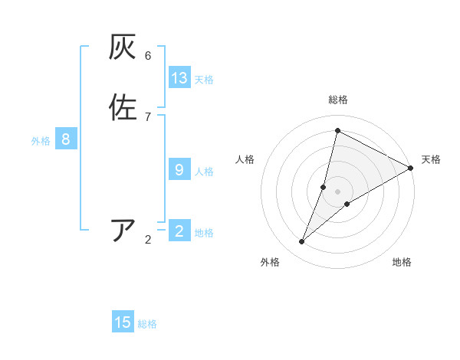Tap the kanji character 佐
coord(123,107)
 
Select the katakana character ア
coord(123,230)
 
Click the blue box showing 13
coord(179,78)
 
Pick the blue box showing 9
coord(179,170)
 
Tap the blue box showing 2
coord(179,231)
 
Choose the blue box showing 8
coord(66,139)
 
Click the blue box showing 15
coord(123,322)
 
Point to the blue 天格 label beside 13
coord(204,80)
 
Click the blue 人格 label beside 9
coord(204,172)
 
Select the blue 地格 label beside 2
coord(204,233)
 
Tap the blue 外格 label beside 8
coord(41,141)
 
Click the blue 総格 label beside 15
coord(147,324)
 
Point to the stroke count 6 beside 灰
coord(148,56)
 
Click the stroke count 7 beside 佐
coord(148,116)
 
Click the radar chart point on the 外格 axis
coord(302,242)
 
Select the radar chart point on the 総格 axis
coord(337,130)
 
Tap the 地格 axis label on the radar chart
coord(402,263)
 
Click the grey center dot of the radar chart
coord(338,191)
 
